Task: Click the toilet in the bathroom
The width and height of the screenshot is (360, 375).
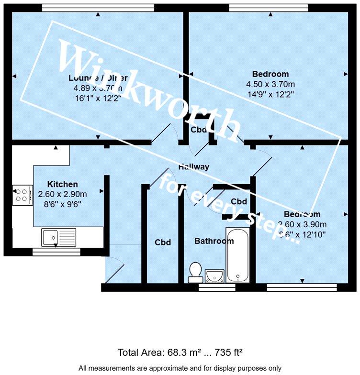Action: tap(195, 272)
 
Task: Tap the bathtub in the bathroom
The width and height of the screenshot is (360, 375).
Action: tap(237, 256)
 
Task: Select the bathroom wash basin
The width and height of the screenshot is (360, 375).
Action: tap(215, 275)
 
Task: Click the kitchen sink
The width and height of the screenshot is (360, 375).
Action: tap(58, 237)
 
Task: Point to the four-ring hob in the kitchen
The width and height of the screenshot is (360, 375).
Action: tap(22, 195)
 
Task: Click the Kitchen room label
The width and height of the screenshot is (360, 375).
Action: tap(62, 184)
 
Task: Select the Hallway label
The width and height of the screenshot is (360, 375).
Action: tap(193, 167)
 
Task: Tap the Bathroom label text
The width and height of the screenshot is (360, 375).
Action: tap(214, 241)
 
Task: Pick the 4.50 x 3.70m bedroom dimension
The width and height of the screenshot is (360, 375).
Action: tap(270, 84)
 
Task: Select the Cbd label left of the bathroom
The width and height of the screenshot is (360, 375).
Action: tap(163, 243)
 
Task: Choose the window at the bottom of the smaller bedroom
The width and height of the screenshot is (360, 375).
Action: tap(302, 287)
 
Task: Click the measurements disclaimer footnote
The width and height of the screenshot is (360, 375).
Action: tap(180, 368)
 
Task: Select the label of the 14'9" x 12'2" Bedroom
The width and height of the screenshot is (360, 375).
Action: tap(270, 74)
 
